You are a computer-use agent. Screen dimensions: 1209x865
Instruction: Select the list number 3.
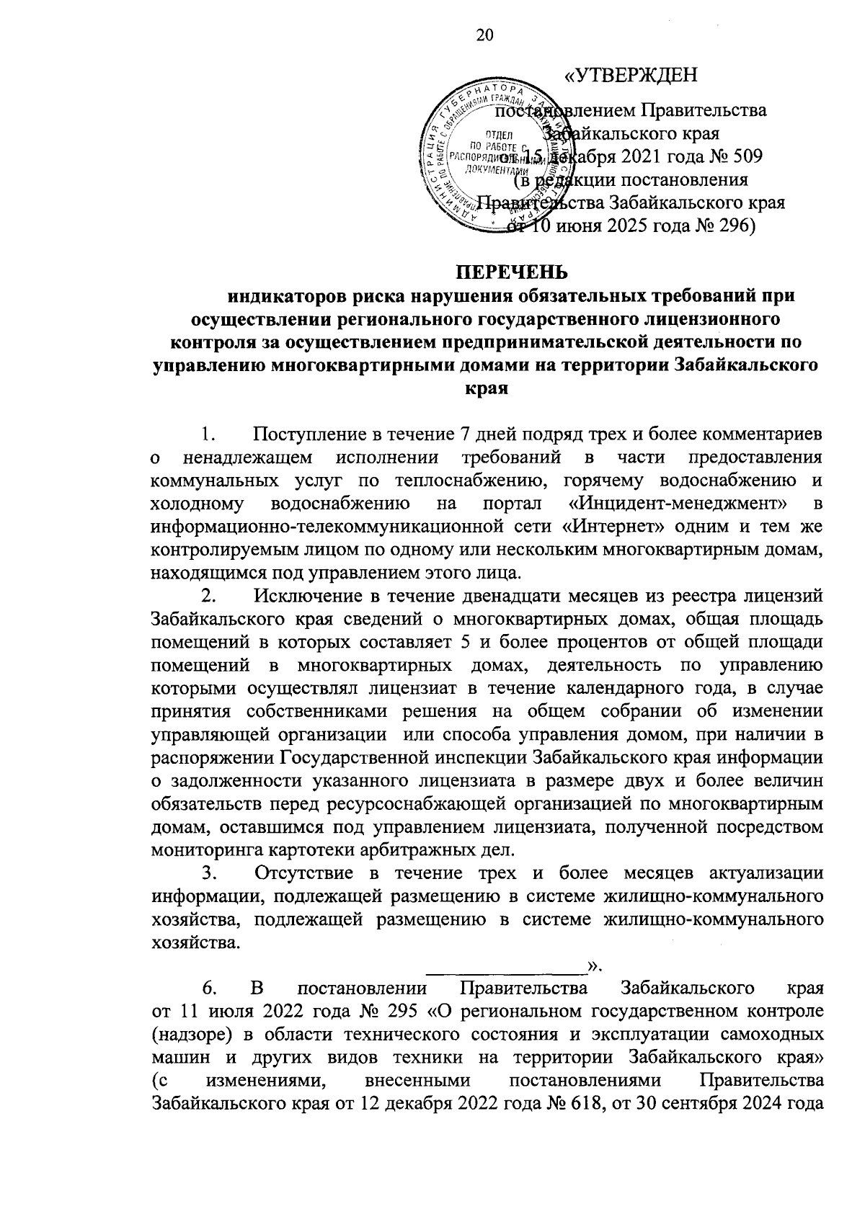coord(208,873)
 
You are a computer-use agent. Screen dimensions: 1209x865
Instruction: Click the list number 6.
coord(208,987)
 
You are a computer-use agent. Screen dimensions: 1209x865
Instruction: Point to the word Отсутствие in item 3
coord(309,873)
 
